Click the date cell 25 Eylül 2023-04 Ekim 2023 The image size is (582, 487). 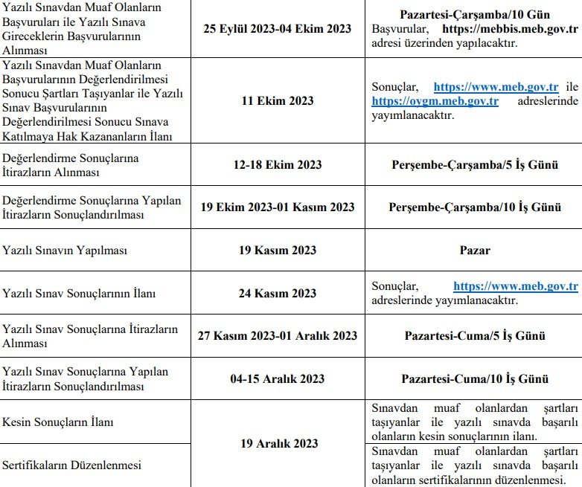[x=277, y=29]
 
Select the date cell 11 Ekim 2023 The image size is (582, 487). [x=277, y=100]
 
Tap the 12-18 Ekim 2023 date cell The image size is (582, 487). [x=277, y=165]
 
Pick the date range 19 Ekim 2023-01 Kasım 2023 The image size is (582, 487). [x=277, y=207]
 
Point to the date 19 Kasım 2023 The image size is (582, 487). [x=277, y=251]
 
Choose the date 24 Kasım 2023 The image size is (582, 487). [x=277, y=293]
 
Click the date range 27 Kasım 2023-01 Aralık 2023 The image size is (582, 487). [x=277, y=335]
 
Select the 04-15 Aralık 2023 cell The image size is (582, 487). [x=277, y=378]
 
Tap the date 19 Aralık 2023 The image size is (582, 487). [x=278, y=443]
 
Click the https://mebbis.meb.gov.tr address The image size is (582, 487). [x=510, y=30]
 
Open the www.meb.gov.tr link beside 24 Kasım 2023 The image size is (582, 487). [x=515, y=286]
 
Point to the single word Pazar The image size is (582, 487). [x=475, y=251]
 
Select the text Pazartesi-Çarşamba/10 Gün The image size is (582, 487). [x=475, y=15]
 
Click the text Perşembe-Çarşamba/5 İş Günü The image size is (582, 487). [x=475, y=165]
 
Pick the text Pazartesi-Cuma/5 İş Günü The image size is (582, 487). [x=475, y=335]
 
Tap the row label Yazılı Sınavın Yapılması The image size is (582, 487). [x=65, y=251]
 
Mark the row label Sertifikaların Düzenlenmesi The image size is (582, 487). [x=71, y=465]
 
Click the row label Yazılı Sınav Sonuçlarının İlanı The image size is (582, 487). [x=79, y=293]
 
